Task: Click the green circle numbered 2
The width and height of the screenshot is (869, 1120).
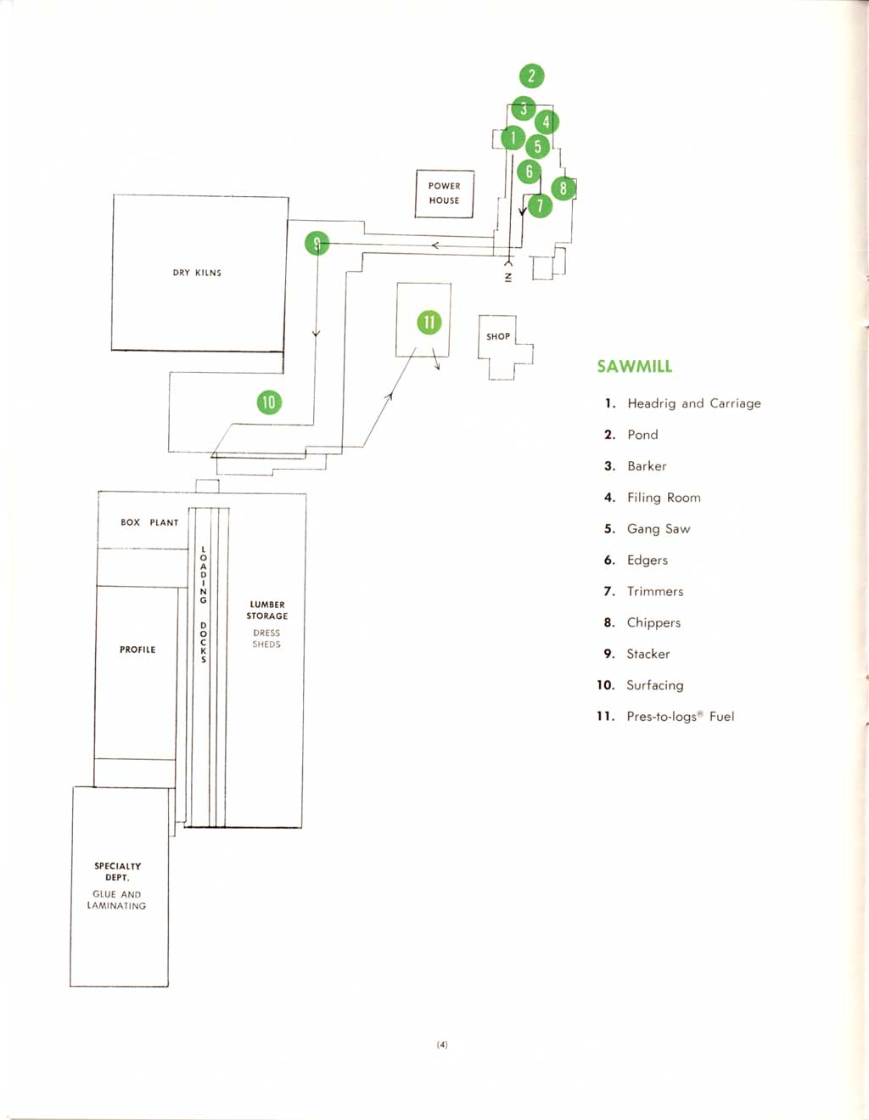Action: (531, 76)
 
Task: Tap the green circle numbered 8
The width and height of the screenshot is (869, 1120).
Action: (563, 189)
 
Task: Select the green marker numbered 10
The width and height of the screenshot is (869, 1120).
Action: (269, 402)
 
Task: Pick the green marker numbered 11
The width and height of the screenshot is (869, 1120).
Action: (429, 323)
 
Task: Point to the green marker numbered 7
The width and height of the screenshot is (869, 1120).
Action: (540, 205)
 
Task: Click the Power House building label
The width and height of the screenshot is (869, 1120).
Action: (444, 194)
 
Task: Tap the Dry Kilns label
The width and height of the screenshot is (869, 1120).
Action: (197, 273)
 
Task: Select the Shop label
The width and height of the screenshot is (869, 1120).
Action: (498, 337)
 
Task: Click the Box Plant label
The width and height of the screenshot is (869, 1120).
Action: (149, 523)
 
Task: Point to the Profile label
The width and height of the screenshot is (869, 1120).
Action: (137, 650)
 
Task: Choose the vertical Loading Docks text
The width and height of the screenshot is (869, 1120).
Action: (204, 605)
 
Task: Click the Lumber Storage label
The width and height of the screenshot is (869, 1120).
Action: (267, 611)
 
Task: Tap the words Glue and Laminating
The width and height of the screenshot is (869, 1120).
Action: (117, 900)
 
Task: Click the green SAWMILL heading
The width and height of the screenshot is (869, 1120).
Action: (634, 367)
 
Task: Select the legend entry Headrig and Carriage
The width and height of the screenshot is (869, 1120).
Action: (693, 403)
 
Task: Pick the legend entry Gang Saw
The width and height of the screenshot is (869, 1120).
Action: (658, 529)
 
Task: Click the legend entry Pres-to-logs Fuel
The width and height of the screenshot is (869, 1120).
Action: (680, 717)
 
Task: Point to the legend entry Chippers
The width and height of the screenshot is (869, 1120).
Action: (653, 622)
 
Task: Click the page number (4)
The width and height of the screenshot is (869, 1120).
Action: (442, 1044)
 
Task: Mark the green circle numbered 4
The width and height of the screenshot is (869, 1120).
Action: (546, 122)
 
